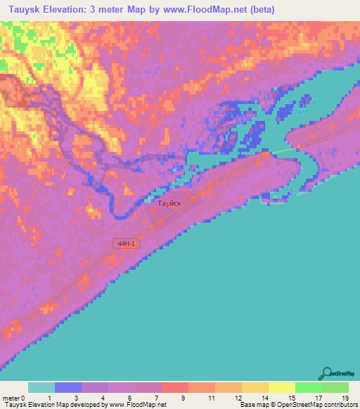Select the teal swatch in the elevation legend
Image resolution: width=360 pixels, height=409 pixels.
click(x=41, y=387)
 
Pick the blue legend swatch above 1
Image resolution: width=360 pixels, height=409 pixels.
click(x=67, y=387)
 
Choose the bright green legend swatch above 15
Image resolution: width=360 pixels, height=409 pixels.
click(x=308, y=387)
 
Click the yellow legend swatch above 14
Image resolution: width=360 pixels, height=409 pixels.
click(x=255, y=387)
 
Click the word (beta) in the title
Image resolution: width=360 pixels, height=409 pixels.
click(x=259, y=10)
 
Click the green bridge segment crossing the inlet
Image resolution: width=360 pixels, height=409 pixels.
click(x=281, y=150)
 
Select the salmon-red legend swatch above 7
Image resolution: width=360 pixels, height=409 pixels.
click(x=174, y=387)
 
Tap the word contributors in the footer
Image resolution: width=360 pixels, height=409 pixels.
click(x=338, y=405)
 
